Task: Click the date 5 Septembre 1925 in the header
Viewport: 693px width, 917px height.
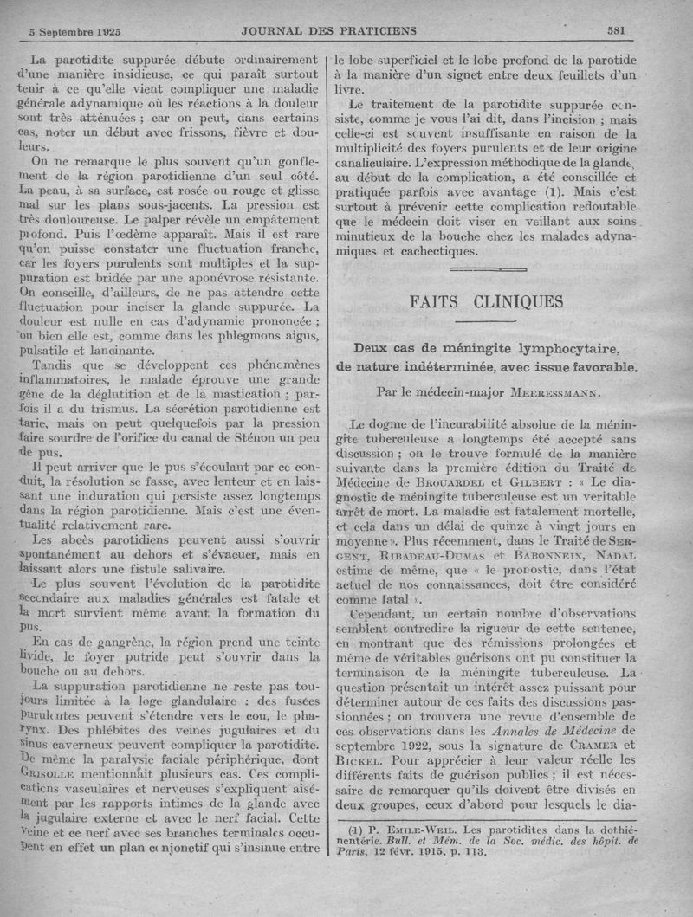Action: (74, 30)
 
